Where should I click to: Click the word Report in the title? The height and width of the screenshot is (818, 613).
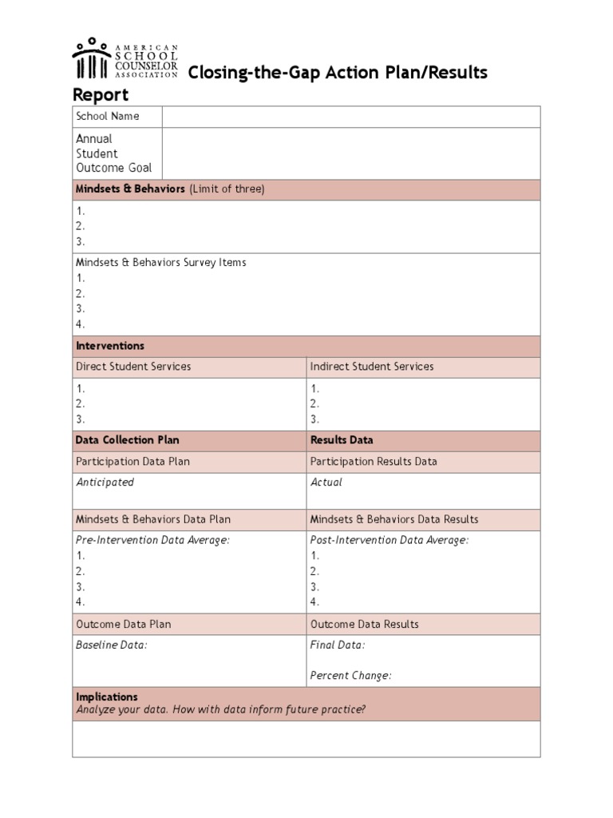click(101, 95)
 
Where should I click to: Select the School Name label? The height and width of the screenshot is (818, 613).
click(107, 117)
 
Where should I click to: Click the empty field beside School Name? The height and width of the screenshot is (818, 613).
click(351, 117)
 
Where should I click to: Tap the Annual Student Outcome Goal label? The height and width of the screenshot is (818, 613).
click(113, 153)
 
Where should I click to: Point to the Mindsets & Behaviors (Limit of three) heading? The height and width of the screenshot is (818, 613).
click(169, 189)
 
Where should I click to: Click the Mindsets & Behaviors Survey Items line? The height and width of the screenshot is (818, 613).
click(160, 263)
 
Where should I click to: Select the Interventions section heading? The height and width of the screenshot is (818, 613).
click(110, 347)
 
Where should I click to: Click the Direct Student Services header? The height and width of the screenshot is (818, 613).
click(133, 367)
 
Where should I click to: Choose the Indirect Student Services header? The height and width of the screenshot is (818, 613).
click(372, 367)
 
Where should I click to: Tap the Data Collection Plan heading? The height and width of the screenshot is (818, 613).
click(127, 440)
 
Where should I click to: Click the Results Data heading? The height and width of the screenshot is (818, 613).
click(342, 440)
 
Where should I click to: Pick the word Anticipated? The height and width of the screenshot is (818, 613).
click(105, 482)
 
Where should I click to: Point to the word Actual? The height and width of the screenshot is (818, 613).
click(326, 482)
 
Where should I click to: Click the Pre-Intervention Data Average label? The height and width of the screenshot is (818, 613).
click(152, 541)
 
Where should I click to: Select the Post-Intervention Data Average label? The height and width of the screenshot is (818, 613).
click(390, 541)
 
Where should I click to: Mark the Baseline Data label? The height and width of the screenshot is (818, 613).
click(112, 645)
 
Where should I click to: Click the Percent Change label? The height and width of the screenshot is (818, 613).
click(351, 676)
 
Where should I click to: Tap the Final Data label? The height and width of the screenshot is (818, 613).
click(338, 645)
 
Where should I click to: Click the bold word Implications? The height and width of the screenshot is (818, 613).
click(107, 697)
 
